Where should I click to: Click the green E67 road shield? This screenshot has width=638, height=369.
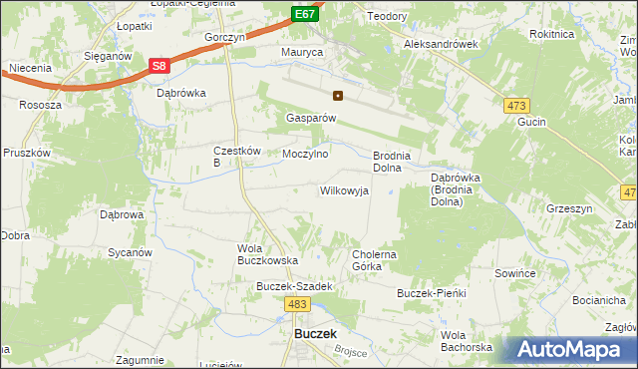pyautogui.click(x=306, y=13)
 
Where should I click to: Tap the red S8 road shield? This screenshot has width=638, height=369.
pyautogui.click(x=159, y=66)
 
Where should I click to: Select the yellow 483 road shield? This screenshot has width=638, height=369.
pyautogui.click(x=296, y=303)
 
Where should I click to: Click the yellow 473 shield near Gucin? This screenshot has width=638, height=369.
pyautogui.click(x=517, y=106)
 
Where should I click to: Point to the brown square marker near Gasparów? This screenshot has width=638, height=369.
pyautogui.click(x=338, y=97)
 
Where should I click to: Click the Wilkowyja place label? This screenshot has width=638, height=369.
pyautogui.click(x=344, y=189)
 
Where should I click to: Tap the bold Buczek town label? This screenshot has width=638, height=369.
pyautogui.click(x=315, y=334)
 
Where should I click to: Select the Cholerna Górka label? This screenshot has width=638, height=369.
pyautogui.click(x=375, y=260)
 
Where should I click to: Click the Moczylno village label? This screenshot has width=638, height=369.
pyautogui.click(x=305, y=155)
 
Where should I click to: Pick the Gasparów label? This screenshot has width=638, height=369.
pyautogui.click(x=311, y=117)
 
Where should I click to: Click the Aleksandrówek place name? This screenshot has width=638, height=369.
pyautogui.click(x=441, y=45)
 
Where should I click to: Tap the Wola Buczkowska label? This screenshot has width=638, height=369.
pyautogui.click(x=267, y=253)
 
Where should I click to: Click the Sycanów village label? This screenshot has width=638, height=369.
pyautogui.click(x=130, y=253)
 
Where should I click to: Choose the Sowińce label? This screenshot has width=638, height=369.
pyautogui.click(x=515, y=271)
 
